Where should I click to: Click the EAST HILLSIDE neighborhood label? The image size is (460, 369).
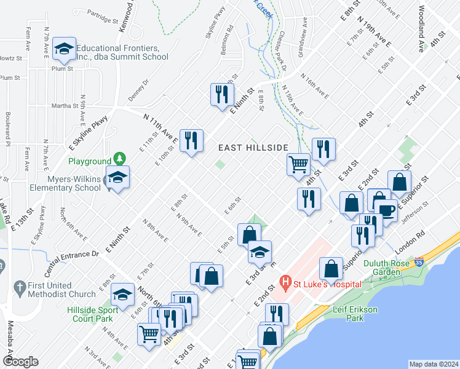[253, 148]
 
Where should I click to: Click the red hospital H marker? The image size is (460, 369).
[285, 284]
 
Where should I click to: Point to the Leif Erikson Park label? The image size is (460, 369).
[355, 314]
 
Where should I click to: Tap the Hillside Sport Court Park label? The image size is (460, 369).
[90, 314]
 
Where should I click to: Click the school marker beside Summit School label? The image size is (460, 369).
[63, 49]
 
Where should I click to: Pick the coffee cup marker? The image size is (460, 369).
[386, 209]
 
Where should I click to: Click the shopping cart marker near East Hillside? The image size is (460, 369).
[298, 164]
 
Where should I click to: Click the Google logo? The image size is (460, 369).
[21, 362]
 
